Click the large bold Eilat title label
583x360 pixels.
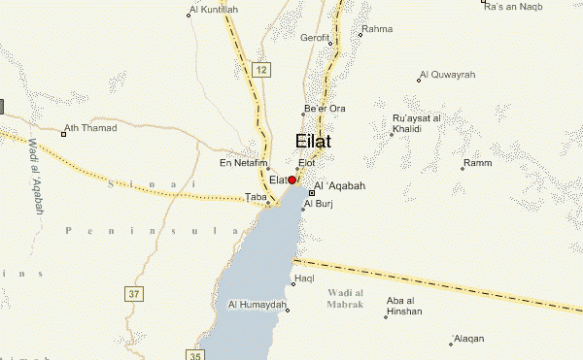(x=313, y=142)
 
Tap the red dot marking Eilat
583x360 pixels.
(x=292, y=180)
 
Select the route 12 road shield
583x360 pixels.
(x=261, y=71)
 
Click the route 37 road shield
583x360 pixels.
(x=134, y=293)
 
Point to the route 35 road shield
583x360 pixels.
(x=194, y=354)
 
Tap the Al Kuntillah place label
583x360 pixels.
(x=216, y=10)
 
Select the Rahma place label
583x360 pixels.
(x=377, y=30)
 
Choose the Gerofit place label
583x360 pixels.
(x=315, y=38)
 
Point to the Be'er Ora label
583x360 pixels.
(x=325, y=108)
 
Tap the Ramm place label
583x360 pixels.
(x=477, y=163)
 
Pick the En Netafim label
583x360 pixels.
(x=244, y=163)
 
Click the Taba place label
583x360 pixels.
(x=255, y=198)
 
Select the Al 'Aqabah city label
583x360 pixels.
(x=340, y=186)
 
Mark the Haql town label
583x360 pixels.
(x=302, y=279)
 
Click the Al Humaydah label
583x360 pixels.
(x=258, y=304)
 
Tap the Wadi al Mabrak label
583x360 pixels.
(x=349, y=297)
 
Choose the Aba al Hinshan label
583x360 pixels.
(x=403, y=306)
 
